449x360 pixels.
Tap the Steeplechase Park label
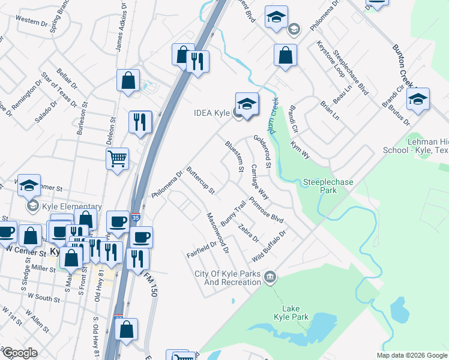tap(328, 186)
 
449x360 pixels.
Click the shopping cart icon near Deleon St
tap(117, 159)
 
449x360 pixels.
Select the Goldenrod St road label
tap(264, 151)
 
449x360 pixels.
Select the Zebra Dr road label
tap(247, 233)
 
